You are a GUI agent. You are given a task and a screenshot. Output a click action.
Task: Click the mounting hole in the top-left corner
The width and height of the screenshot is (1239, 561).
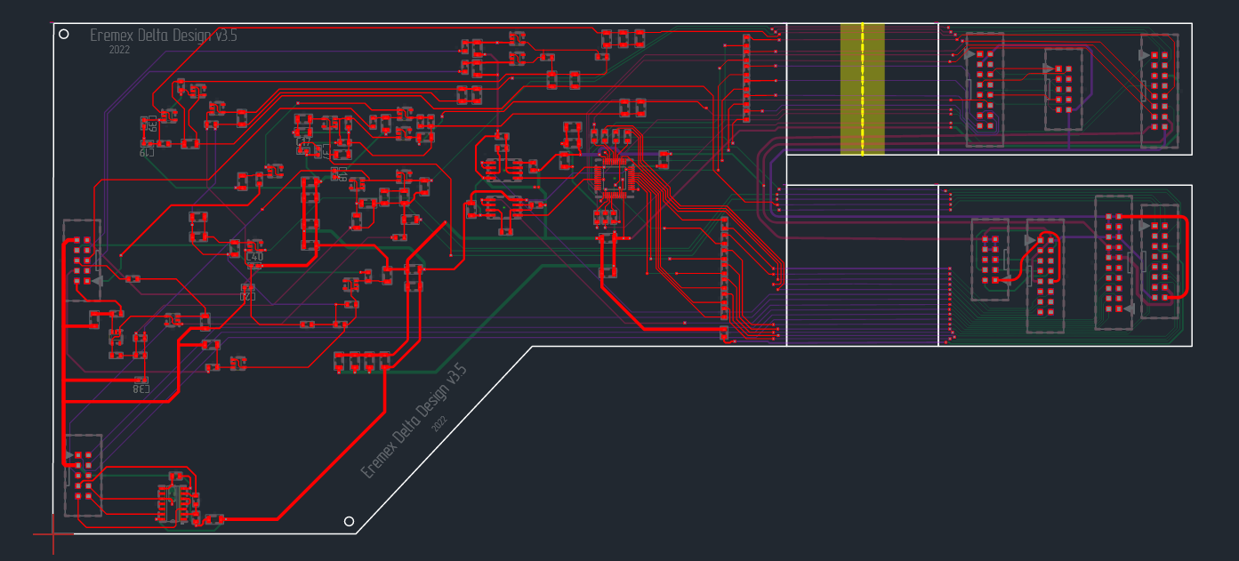63,34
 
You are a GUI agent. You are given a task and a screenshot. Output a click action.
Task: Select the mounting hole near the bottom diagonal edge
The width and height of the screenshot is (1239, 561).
349,521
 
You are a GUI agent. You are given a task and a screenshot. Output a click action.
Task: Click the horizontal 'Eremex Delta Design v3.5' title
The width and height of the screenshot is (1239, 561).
164,36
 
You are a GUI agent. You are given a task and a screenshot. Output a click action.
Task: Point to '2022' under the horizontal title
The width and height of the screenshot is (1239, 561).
119,51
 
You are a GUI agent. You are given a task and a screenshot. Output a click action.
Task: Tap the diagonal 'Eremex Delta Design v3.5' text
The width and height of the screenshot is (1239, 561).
414,421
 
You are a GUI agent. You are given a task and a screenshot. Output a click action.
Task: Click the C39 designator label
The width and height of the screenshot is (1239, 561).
152,124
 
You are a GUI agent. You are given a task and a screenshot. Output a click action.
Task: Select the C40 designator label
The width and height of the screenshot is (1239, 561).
254,257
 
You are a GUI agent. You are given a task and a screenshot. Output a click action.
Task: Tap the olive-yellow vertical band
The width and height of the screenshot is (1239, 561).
862,89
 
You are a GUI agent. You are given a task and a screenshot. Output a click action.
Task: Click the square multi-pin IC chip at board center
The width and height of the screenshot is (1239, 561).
614,176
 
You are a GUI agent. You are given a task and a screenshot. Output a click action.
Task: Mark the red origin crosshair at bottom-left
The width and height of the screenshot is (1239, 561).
53,534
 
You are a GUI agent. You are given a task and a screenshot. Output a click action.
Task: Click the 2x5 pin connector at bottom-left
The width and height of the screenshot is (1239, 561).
83,475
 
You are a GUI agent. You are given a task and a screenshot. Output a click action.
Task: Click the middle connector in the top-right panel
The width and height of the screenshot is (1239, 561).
1063,89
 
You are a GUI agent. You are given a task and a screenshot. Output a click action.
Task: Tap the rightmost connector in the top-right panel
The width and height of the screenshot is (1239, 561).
1160,91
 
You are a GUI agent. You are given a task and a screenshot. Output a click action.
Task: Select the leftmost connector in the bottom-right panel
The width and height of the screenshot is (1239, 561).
990,260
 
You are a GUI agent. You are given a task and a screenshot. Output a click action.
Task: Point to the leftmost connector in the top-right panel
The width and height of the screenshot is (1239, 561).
984,90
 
